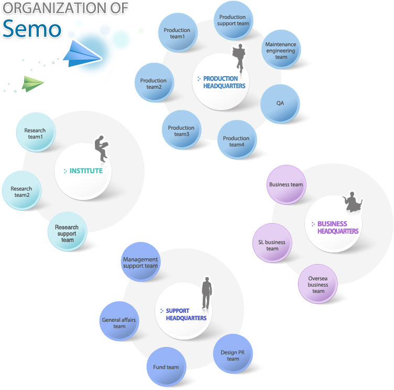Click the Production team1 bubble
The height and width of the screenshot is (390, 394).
178,33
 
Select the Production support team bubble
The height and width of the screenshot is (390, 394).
233,20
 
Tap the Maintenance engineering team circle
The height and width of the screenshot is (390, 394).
281,50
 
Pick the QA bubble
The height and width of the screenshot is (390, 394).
280,103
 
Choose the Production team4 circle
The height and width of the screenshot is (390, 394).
236,141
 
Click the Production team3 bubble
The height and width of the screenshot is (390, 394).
181,131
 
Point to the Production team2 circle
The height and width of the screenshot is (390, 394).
154,83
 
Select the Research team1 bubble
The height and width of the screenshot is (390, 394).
35,133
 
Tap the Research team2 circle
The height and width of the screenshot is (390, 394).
21,192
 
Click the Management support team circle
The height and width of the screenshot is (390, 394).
140,262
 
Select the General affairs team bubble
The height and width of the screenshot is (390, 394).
119,322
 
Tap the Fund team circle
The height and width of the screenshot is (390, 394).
166,367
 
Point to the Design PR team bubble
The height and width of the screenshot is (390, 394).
233,355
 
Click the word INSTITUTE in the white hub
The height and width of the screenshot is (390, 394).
86,171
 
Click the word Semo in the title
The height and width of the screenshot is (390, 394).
31,29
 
